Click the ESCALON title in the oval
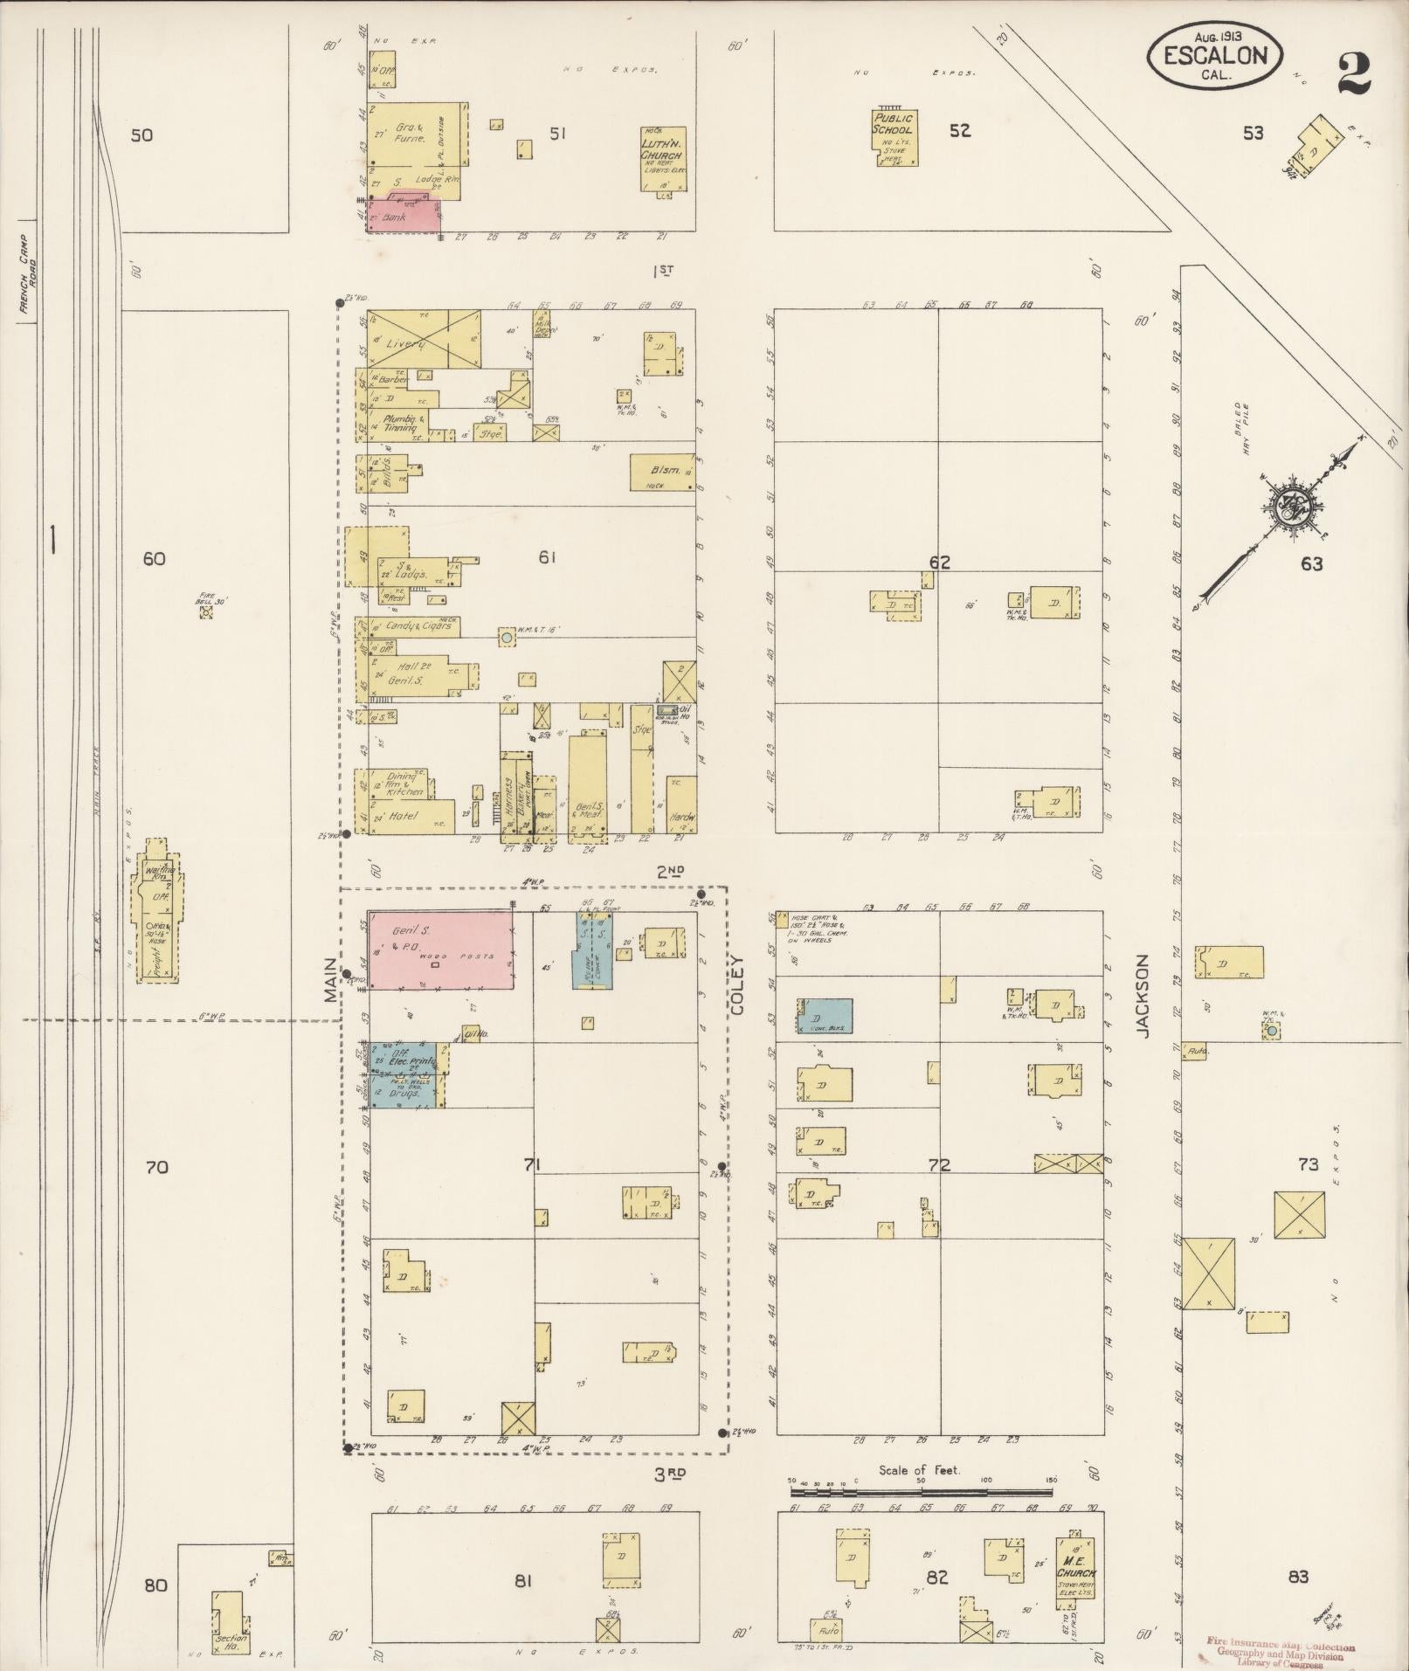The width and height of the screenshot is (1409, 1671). click(1215, 56)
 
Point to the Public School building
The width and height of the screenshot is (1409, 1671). click(894, 135)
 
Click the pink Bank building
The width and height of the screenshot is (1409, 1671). click(404, 215)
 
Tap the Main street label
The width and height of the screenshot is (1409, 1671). click(331, 978)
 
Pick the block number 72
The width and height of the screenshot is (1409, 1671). click(939, 1164)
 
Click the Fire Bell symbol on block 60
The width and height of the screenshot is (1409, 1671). click(205, 612)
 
